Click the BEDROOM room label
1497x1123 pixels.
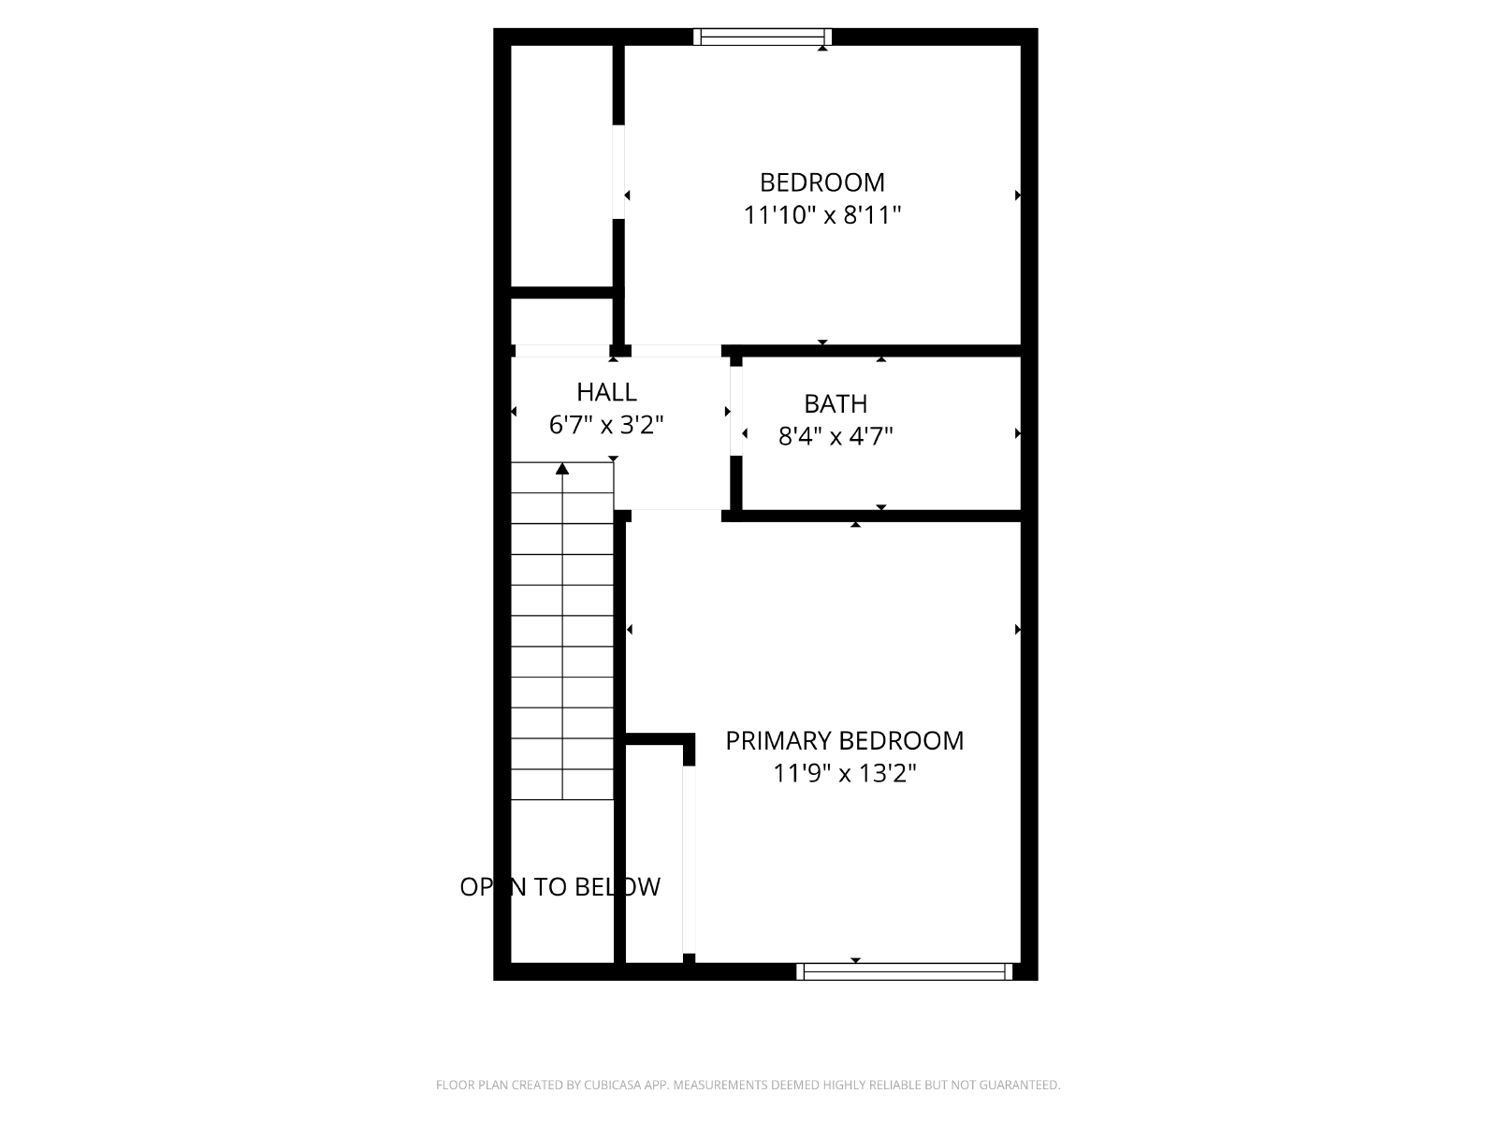(x=821, y=182)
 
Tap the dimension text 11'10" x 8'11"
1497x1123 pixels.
(x=821, y=215)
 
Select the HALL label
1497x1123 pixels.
(x=606, y=392)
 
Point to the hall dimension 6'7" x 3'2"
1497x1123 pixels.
(x=606, y=426)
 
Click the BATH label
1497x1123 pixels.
(x=836, y=403)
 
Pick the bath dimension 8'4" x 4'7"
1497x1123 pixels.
(x=836, y=436)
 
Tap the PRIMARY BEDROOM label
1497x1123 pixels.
(x=844, y=740)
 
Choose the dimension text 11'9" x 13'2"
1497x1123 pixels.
(x=844, y=773)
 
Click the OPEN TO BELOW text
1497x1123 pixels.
(x=560, y=886)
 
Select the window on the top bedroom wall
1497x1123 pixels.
(x=763, y=36)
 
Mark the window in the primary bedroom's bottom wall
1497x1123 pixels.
(x=905, y=971)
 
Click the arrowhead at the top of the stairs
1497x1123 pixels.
(x=562, y=469)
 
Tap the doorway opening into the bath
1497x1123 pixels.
(x=736, y=411)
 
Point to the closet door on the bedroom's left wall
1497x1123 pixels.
(x=618, y=172)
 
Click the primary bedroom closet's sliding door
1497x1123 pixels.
(x=689, y=860)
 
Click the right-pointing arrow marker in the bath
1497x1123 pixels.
(x=1018, y=433)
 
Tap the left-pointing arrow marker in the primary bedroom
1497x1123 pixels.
(x=630, y=629)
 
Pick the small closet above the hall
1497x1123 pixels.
(x=561, y=322)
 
